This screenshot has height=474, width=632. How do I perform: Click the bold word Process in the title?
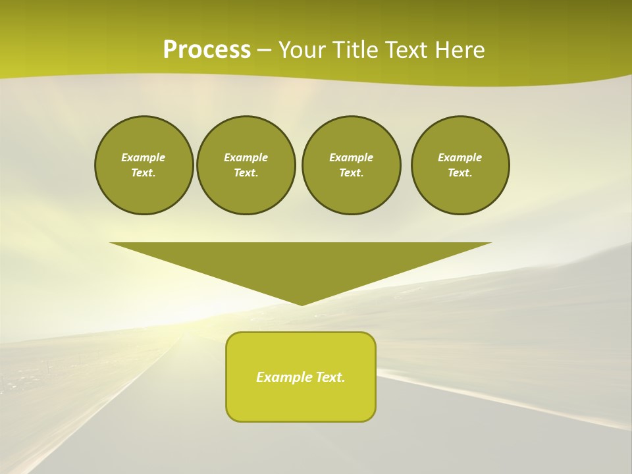coord(207,49)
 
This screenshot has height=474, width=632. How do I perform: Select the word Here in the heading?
coord(459,49)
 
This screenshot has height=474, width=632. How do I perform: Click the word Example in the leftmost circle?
coord(144,157)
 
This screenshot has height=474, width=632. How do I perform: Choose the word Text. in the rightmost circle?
coord(460,172)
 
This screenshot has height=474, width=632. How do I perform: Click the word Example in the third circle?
coord(351,157)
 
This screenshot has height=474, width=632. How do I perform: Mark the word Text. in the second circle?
coord(246,172)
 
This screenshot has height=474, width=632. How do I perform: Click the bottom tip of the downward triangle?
coord(302,303)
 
